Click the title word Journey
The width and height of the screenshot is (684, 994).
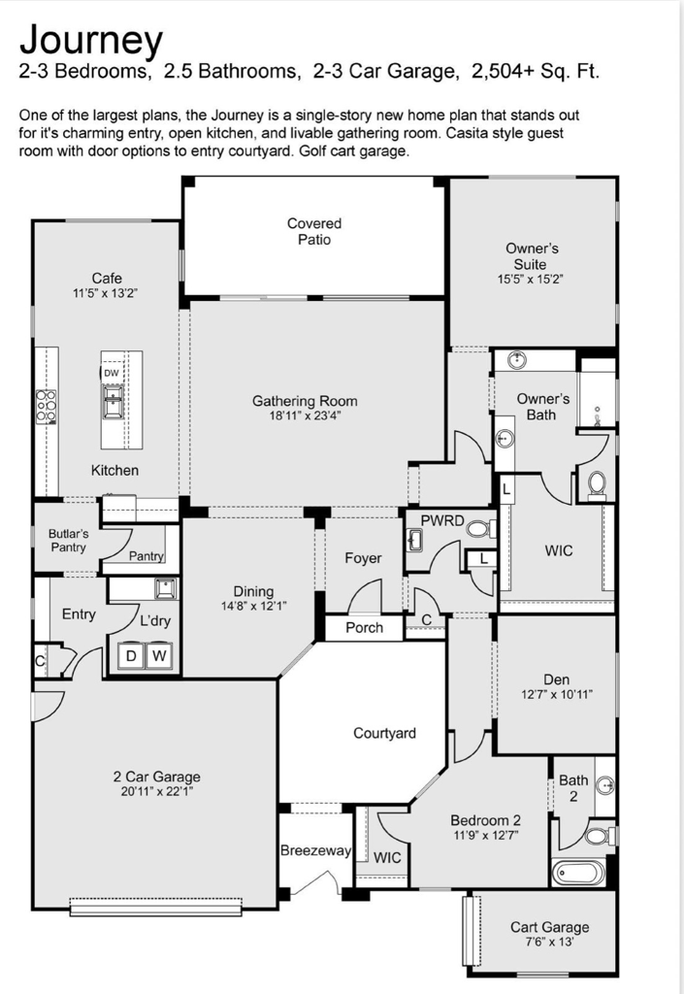pyautogui.click(x=91, y=41)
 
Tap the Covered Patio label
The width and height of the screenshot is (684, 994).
pyautogui.click(x=314, y=231)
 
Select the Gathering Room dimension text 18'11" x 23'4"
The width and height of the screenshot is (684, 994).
pyautogui.click(x=305, y=416)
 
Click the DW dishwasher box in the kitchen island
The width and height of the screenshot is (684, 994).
pyautogui.click(x=112, y=373)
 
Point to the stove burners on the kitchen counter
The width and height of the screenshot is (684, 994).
pyautogui.click(x=46, y=407)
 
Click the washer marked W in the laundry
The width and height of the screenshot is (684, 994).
pyautogui.click(x=159, y=655)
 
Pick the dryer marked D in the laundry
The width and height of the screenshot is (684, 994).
pyautogui.click(x=131, y=655)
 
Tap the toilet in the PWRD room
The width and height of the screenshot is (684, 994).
pyautogui.click(x=482, y=528)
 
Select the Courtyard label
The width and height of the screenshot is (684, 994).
pyautogui.click(x=384, y=734)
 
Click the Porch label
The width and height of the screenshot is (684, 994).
pyautogui.click(x=364, y=628)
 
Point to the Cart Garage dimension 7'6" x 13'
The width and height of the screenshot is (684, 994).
pyautogui.click(x=549, y=942)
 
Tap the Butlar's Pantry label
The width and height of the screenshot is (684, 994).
pyautogui.click(x=68, y=541)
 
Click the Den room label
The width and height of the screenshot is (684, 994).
pyautogui.click(x=556, y=679)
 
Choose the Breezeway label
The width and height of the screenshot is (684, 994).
pyautogui.click(x=315, y=850)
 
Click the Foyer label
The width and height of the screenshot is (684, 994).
pyautogui.click(x=363, y=558)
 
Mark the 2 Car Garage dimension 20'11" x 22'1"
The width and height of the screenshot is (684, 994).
pyautogui.click(x=156, y=791)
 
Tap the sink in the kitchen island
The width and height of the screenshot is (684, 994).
pyautogui.click(x=114, y=405)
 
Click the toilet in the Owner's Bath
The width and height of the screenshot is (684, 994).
pyautogui.click(x=596, y=484)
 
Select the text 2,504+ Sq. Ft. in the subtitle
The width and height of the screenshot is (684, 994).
pyautogui.click(x=536, y=71)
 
